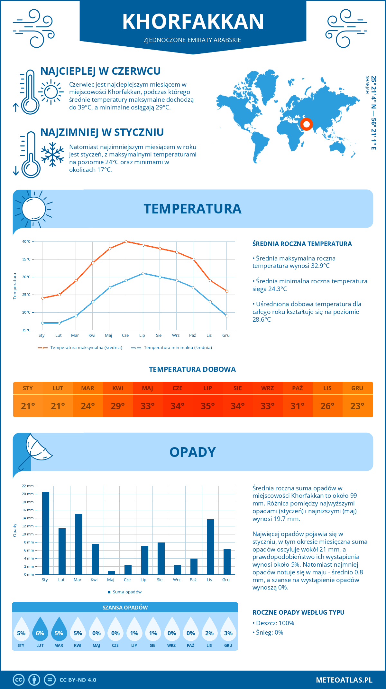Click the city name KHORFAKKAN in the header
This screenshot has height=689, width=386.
193,22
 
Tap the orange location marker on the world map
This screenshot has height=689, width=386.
306,124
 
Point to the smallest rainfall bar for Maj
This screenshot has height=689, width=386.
112,572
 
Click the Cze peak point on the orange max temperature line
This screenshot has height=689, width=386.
126,241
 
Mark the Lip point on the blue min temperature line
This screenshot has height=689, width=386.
143,273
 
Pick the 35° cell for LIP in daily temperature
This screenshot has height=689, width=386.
207,406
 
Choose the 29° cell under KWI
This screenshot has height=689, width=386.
118,406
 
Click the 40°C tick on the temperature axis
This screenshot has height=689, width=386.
26,241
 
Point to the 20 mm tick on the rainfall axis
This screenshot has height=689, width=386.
28,494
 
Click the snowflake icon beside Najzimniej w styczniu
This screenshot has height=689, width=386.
52,155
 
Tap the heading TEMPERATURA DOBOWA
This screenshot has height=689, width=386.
192,369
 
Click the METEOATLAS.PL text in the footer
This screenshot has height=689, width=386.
344,680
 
